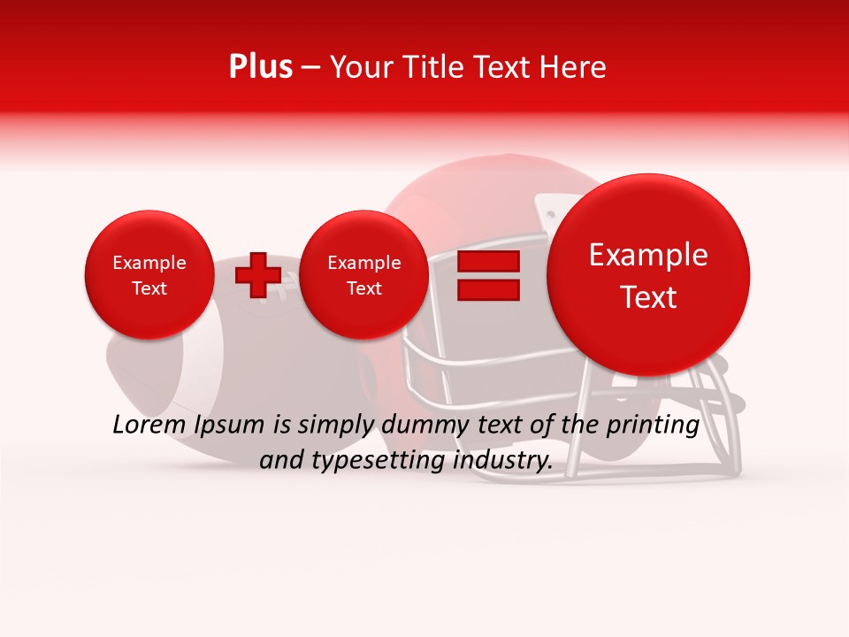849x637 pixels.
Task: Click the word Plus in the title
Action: pos(260,67)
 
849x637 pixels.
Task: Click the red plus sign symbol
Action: pos(257,274)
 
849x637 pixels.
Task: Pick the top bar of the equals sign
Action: pos(488,261)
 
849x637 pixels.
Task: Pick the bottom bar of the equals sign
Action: pos(488,290)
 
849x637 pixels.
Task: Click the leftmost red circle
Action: pos(149,275)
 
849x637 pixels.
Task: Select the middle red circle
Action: pos(364,275)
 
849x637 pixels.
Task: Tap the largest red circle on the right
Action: pos(648,275)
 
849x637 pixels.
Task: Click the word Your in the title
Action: pos(359,67)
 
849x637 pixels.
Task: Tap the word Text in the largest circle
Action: pos(648,297)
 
